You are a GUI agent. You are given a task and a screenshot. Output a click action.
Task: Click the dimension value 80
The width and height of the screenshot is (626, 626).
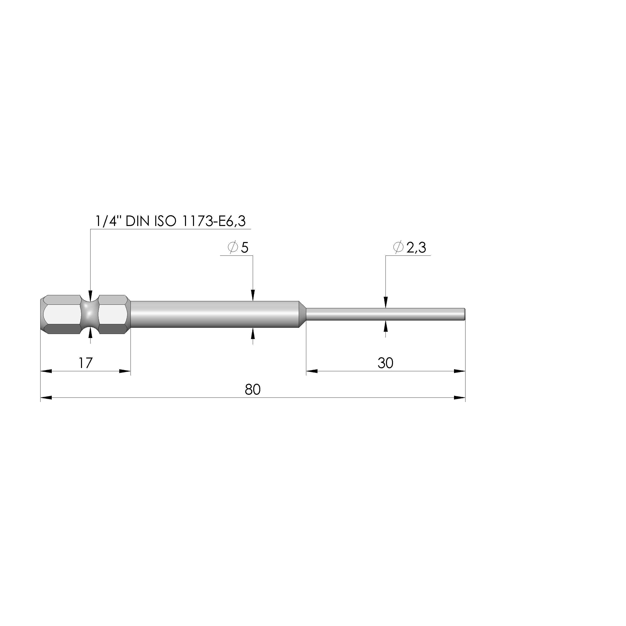[253, 389]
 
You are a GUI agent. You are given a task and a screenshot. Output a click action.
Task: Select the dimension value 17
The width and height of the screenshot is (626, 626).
[85, 363]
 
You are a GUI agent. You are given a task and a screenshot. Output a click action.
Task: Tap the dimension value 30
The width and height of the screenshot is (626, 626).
[385, 363]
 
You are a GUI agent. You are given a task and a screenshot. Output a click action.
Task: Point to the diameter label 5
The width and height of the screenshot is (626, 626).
[245, 248]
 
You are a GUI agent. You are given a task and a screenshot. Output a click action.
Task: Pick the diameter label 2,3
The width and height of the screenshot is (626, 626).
[416, 248]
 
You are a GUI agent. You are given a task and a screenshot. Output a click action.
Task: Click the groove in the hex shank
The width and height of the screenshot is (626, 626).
[89, 314]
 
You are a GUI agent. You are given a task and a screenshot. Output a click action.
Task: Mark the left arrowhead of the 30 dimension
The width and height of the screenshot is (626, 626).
[312, 371]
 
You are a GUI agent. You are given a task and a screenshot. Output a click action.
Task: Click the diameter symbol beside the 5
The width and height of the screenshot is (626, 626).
[233, 248]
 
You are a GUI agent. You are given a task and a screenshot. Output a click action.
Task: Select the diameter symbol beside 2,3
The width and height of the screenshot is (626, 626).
[398, 248]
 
